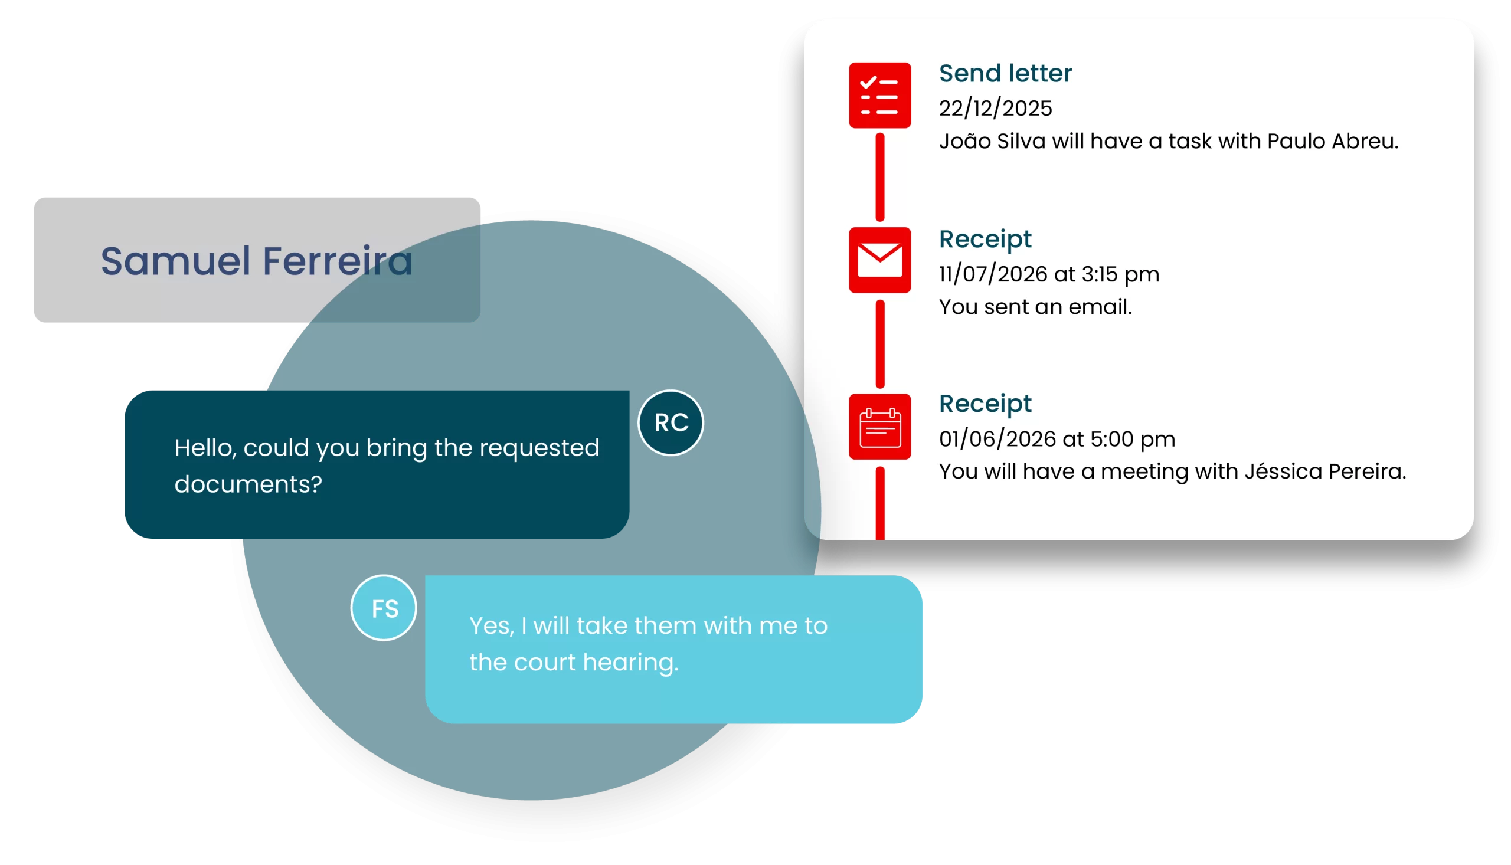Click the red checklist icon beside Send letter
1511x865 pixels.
click(x=879, y=95)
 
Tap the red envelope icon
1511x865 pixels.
click(x=879, y=260)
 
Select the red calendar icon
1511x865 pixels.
click(x=879, y=427)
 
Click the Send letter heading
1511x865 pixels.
click(x=1005, y=73)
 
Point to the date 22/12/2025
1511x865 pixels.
click(x=995, y=108)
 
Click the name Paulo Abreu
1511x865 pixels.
click(x=1333, y=142)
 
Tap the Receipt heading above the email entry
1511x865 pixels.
click(x=985, y=240)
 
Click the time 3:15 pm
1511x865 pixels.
click(x=1120, y=274)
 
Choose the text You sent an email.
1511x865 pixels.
click(x=1036, y=307)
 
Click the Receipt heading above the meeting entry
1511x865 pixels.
click(x=985, y=404)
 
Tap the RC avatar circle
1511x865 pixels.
click(x=671, y=423)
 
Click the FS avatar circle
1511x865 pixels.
click(x=384, y=608)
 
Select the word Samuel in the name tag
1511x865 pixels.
click(x=176, y=261)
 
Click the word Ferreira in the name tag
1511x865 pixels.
click(x=338, y=261)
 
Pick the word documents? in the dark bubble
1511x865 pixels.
click(x=248, y=484)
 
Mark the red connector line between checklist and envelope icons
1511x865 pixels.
click(x=880, y=177)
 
